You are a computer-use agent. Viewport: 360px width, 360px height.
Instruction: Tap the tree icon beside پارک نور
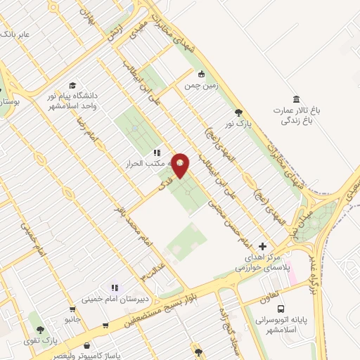[239, 112]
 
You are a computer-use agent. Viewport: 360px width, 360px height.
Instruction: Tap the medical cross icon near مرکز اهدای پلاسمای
[262, 246]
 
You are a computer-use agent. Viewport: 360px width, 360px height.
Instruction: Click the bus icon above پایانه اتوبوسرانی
[281, 309]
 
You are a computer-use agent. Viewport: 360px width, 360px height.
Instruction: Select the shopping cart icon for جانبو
[71, 309]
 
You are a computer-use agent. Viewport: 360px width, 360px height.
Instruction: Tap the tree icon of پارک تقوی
[40, 329]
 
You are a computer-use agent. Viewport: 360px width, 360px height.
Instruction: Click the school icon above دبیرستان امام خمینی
[113, 287]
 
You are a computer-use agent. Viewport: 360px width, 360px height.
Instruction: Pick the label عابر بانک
[15, 33]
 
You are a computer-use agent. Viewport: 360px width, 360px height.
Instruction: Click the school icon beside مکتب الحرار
[156, 152]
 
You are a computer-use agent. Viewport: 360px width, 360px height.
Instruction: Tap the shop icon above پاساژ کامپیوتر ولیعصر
[86, 346]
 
